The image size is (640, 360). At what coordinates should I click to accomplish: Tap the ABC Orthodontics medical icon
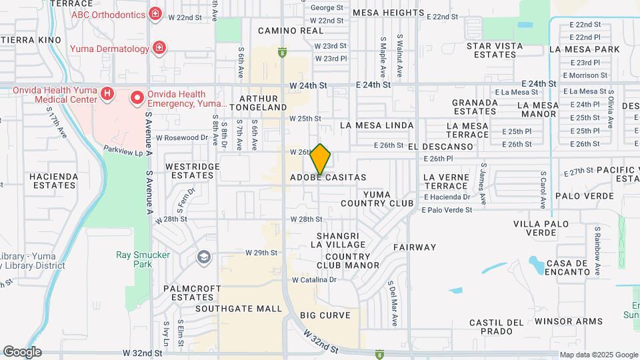[155, 13]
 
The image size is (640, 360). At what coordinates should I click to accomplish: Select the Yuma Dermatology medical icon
[159, 48]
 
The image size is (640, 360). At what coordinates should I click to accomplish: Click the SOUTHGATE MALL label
[239, 309]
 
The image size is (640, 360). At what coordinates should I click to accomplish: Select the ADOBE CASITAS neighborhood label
[328, 177]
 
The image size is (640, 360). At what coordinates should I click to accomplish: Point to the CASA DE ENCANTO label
[568, 267]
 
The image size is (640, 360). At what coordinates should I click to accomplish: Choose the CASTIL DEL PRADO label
[496, 327]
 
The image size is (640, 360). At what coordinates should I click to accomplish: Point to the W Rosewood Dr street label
[182, 137]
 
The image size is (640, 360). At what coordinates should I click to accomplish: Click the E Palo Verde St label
[446, 209]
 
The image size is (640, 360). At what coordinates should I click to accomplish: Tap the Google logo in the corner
[22, 352]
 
